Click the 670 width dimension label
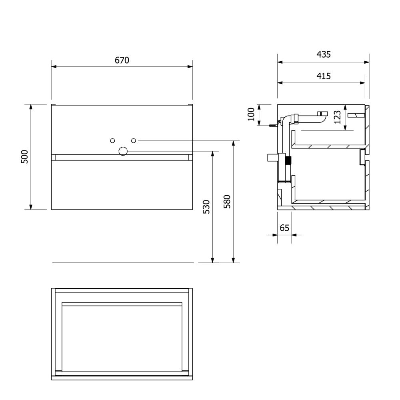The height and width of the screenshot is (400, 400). pyautogui.click(x=122, y=60)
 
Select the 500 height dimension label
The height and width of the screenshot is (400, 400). pyautogui.click(x=24, y=157)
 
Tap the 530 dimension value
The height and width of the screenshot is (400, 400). pyautogui.click(x=206, y=207)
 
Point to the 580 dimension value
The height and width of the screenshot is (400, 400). pyautogui.click(x=227, y=202)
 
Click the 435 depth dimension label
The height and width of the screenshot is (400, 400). pyautogui.click(x=324, y=54)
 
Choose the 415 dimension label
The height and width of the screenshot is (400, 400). pyautogui.click(x=324, y=76)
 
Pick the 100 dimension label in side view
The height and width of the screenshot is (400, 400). pyautogui.click(x=251, y=114)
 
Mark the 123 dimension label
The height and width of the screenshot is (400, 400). pyautogui.click(x=337, y=117)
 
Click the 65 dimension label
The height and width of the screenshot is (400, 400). pyautogui.click(x=284, y=228)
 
